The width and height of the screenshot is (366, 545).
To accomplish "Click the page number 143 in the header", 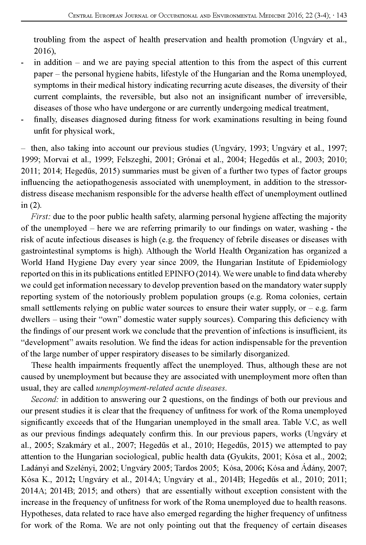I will [342, 16].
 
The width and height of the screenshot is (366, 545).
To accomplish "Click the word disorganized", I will [266, 354].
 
